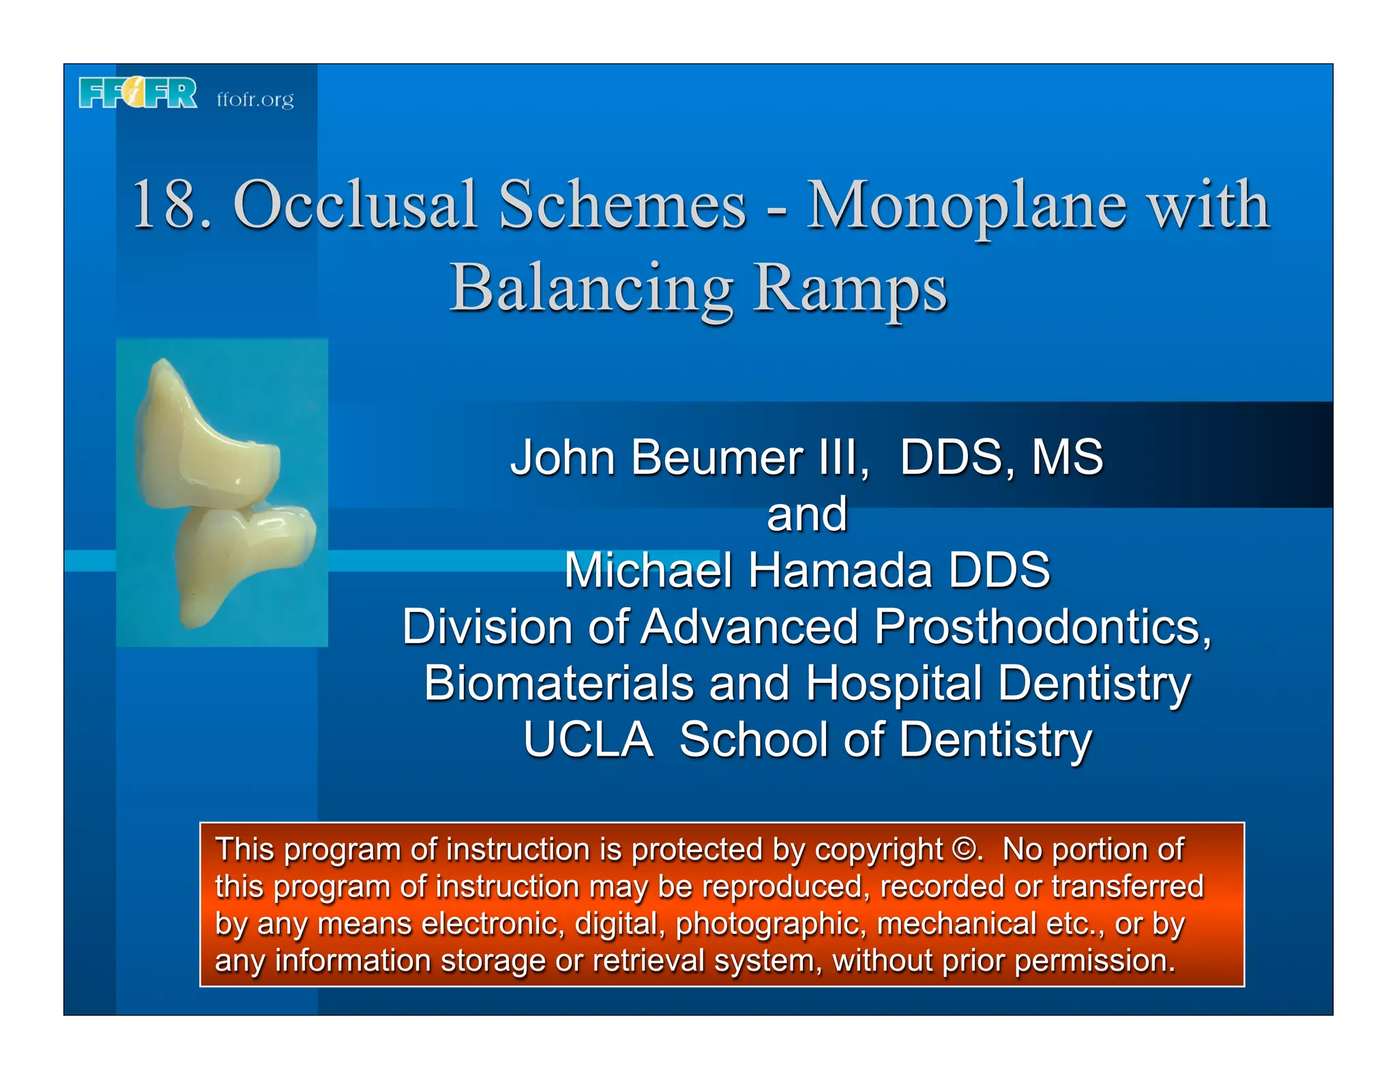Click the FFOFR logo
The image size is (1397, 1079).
click(x=138, y=93)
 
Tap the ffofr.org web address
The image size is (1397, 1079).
click(x=255, y=100)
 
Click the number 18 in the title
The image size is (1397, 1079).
click(x=164, y=205)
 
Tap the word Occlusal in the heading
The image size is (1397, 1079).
click(x=355, y=205)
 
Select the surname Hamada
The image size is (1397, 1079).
click(x=840, y=570)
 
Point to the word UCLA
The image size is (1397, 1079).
click(x=588, y=739)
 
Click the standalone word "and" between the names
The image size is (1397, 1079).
click(x=807, y=514)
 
